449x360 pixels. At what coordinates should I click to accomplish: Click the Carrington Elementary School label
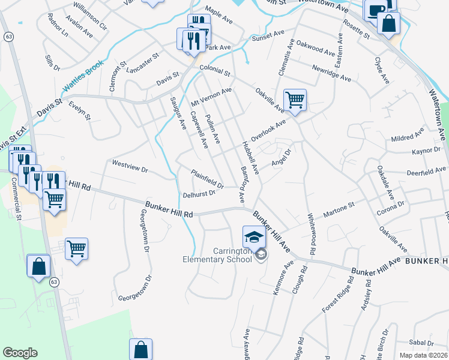221,254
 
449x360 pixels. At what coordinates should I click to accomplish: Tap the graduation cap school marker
254,236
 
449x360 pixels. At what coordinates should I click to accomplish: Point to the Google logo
20,353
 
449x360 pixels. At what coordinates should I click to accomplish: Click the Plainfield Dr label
207,179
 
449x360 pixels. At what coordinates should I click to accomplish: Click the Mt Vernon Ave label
211,98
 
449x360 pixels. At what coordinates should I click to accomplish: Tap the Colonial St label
215,71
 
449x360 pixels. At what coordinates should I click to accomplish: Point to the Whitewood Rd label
311,234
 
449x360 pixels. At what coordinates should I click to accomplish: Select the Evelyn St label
79,111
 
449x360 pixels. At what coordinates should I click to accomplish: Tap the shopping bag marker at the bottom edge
140,349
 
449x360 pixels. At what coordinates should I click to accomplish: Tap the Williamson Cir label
89,16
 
